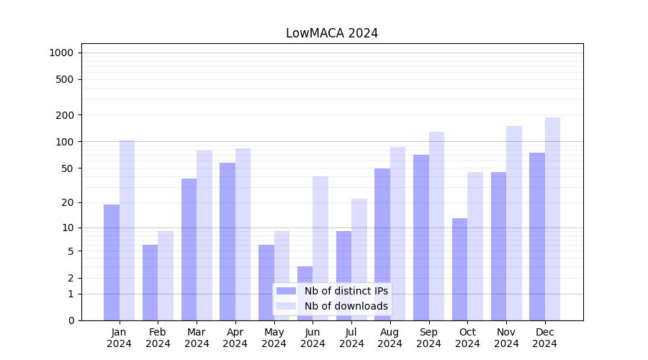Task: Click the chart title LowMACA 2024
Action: tap(332, 33)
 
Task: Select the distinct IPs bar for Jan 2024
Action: tap(112, 262)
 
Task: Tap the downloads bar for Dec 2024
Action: tap(552, 219)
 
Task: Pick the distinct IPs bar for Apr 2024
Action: tap(228, 241)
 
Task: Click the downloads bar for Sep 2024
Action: tap(436, 226)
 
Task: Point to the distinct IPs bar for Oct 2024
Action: tap(459, 269)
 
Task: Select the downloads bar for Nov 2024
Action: tap(513, 223)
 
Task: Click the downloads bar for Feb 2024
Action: tap(166, 276)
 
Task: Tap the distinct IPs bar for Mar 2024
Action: tap(189, 249)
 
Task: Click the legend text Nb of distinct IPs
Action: tap(346, 291)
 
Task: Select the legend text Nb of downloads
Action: tap(346, 306)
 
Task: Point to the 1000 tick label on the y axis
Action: tap(61, 53)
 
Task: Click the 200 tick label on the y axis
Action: tap(65, 115)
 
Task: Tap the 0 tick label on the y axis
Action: tap(71, 320)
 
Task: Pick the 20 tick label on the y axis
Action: tap(68, 202)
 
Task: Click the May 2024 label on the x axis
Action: tap(274, 338)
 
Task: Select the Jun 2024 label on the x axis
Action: tap(312, 338)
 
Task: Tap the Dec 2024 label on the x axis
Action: tap(544, 338)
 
